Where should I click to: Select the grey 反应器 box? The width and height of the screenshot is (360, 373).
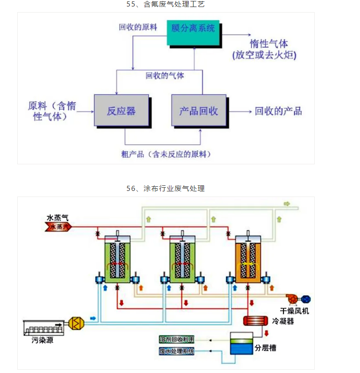121,111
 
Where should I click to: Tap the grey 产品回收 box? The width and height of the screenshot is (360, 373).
198,111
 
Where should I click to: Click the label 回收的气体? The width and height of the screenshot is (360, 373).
165,75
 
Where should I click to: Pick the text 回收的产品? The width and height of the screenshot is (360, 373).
278,111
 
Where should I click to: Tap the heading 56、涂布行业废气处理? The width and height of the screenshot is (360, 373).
166,189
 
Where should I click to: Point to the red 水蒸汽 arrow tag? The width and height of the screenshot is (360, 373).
57,227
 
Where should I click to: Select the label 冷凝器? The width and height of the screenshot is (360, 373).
283,321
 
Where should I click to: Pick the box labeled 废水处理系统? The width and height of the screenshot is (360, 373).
176,351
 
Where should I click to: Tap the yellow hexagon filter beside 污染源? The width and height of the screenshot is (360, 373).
75,323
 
